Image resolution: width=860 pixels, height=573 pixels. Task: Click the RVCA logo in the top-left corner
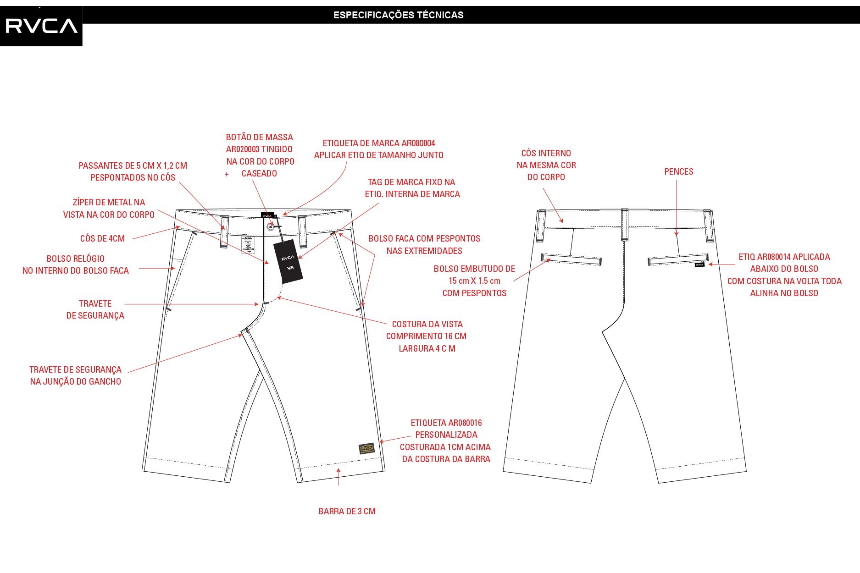click(x=41, y=26)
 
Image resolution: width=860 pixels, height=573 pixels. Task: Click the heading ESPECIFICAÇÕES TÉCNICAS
click(x=398, y=15)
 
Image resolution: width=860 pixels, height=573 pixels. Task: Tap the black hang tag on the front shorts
click(x=288, y=261)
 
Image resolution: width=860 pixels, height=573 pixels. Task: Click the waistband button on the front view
click(x=271, y=226)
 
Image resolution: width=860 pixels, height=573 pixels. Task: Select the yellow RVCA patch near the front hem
click(x=366, y=448)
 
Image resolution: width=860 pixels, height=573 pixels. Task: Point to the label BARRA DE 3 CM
click(x=347, y=511)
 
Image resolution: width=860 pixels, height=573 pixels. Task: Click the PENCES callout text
click(x=679, y=172)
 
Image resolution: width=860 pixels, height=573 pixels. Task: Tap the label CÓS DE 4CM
click(x=102, y=238)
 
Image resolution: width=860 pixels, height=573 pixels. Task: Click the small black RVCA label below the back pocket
click(x=699, y=264)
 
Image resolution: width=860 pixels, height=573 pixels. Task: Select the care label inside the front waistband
click(x=248, y=245)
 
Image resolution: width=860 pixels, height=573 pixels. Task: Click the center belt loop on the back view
click(x=624, y=225)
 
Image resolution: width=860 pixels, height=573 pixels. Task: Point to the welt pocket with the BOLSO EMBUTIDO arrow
click(x=571, y=259)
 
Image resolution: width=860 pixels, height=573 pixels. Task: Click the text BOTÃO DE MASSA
click(x=260, y=137)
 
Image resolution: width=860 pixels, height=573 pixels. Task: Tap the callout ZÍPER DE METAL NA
click(x=109, y=202)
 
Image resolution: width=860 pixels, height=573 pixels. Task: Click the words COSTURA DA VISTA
click(x=427, y=324)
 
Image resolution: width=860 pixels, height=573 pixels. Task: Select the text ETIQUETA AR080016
click(x=446, y=423)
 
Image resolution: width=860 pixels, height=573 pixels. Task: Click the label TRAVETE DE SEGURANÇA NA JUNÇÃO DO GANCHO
click(x=76, y=375)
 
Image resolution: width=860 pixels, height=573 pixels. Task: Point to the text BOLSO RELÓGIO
click(x=76, y=259)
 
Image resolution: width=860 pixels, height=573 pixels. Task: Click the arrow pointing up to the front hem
click(x=338, y=477)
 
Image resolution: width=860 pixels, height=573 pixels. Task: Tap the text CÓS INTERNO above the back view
click(x=546, y=153)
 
